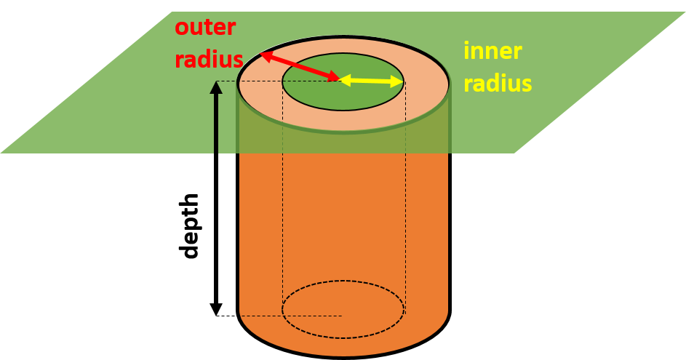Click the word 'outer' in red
pyautogui.click(x=205, y=28)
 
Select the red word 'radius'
pyautogui.click(x=209, y=59)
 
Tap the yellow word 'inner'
pyautogui.click(x=492, y=52)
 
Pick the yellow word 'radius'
pyautogui.click(x=498, y=83)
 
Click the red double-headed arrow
pyautogui.click(x=300, y=65)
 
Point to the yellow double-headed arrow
pyautogui.click(x=371, y=81)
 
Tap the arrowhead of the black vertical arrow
pyautogui.click(x=216, y=87)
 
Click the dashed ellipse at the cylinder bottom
pyautogui.click(x=343, y=337)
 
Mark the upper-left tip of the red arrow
pyautogui.click(x=261, y=53)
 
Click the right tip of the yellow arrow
pyautogui.click(x=402, y=81)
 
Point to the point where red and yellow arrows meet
pyautogui.click(x=340, y=79)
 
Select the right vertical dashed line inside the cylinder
pyautogui.click(x=404, y=218)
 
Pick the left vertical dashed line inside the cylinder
pyautogui.click(x=283, y=218)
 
